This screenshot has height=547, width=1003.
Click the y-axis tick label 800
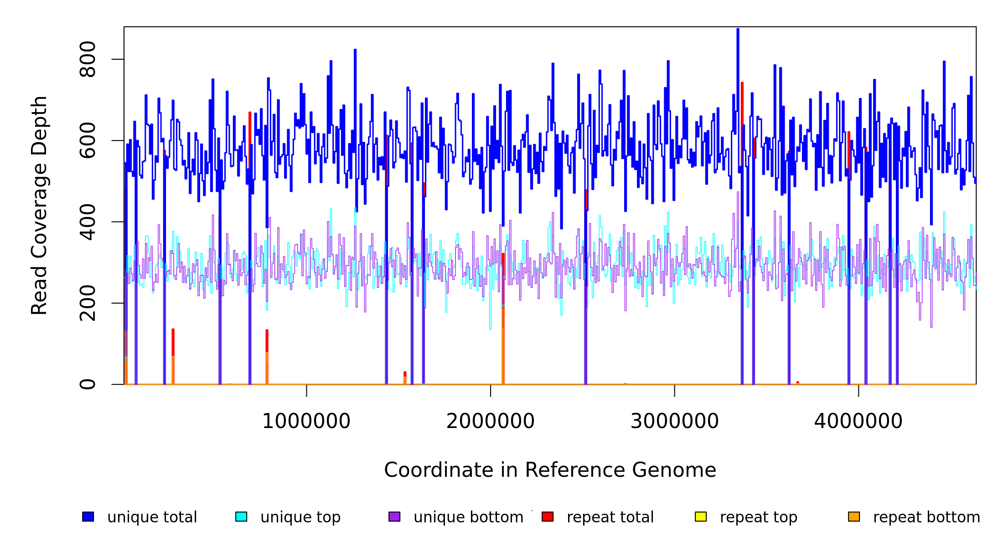(x=87, y=59)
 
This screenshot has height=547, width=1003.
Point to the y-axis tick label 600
(x=87, y=140)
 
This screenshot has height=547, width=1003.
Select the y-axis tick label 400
(x=87, y=222)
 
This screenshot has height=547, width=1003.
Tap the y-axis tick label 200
(x=87, y=303)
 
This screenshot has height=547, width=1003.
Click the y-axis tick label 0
(x=87, y=384)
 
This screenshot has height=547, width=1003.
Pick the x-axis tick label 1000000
(x=306, y=421)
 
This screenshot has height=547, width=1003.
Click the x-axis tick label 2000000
(x=491, y=421)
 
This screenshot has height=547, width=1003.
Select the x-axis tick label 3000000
(x=675, y=421)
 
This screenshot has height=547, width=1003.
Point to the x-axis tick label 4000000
(x=858, y=421)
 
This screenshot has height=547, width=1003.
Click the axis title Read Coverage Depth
(x=39, y=205)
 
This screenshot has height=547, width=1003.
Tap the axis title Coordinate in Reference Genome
(x=550, y=470)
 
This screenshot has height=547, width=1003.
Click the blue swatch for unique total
(x=88, y=516)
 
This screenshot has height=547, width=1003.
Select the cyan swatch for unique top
(x=241, y=516)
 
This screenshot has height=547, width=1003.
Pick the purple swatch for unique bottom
(x=394, y=516)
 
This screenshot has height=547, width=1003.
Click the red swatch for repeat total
(x=548, y=516)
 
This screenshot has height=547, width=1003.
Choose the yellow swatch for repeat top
(x=701, y=516)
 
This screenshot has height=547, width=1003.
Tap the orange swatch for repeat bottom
(x=854, y=516)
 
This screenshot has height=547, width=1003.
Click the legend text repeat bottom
(x=926, y=517)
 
